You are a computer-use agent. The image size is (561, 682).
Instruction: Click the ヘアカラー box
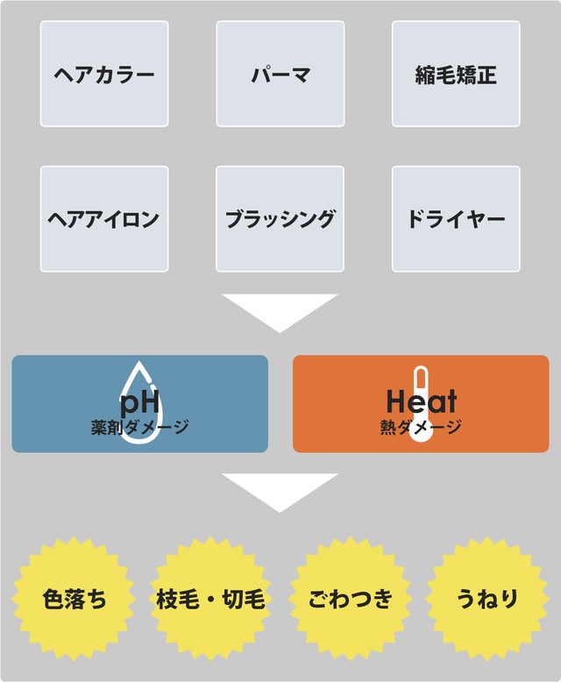(104, 74)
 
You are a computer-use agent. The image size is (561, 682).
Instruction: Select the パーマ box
(280, 74)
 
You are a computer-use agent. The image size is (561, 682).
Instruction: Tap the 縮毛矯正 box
(456, 74)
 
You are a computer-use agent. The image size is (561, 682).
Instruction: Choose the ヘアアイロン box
(104, 218)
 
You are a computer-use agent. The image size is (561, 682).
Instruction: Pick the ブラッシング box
(280, 218)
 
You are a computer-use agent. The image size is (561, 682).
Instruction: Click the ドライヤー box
(456, 218)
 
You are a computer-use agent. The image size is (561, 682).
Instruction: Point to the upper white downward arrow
(280, 310)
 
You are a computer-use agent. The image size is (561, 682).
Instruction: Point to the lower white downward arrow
(280, 490)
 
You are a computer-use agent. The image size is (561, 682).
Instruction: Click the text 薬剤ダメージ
(140, 429)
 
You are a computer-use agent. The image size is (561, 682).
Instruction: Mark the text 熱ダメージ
(421, 429)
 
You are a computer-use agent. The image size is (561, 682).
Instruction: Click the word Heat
(422, 401)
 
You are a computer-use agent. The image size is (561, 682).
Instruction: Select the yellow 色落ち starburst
(75, 600)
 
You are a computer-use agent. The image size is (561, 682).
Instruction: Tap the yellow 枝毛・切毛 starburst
(210, 600)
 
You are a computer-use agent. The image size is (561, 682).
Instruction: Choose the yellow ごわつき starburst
(350, 600)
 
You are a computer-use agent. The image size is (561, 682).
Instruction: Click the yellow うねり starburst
(487, 600)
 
